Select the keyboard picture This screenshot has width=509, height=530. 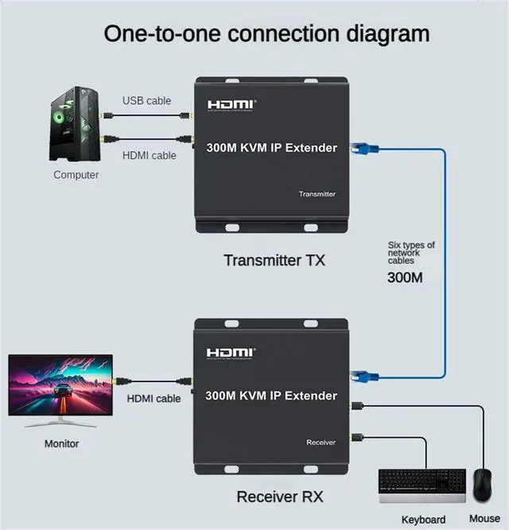(422, 486)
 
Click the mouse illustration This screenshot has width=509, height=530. (482, 484)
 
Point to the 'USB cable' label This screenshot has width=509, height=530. (146, 101)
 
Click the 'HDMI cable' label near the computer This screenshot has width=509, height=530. (150, 156)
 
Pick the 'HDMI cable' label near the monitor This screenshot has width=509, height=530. (154, 398)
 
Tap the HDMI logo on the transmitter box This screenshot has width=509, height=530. (231, 104)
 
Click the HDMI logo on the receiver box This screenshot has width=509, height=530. (231, 352)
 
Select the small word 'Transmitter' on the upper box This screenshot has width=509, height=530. (317, 194)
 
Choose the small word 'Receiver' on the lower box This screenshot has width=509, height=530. (321, 443)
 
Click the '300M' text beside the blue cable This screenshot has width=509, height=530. (405, 277)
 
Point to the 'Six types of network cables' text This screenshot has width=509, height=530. (410, 253)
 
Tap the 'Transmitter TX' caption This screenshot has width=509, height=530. (274, 260)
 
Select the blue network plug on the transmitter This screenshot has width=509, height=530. (367, 148)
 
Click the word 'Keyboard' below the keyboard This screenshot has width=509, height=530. (423, 520)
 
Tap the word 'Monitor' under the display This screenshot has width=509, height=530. (61, 444)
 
